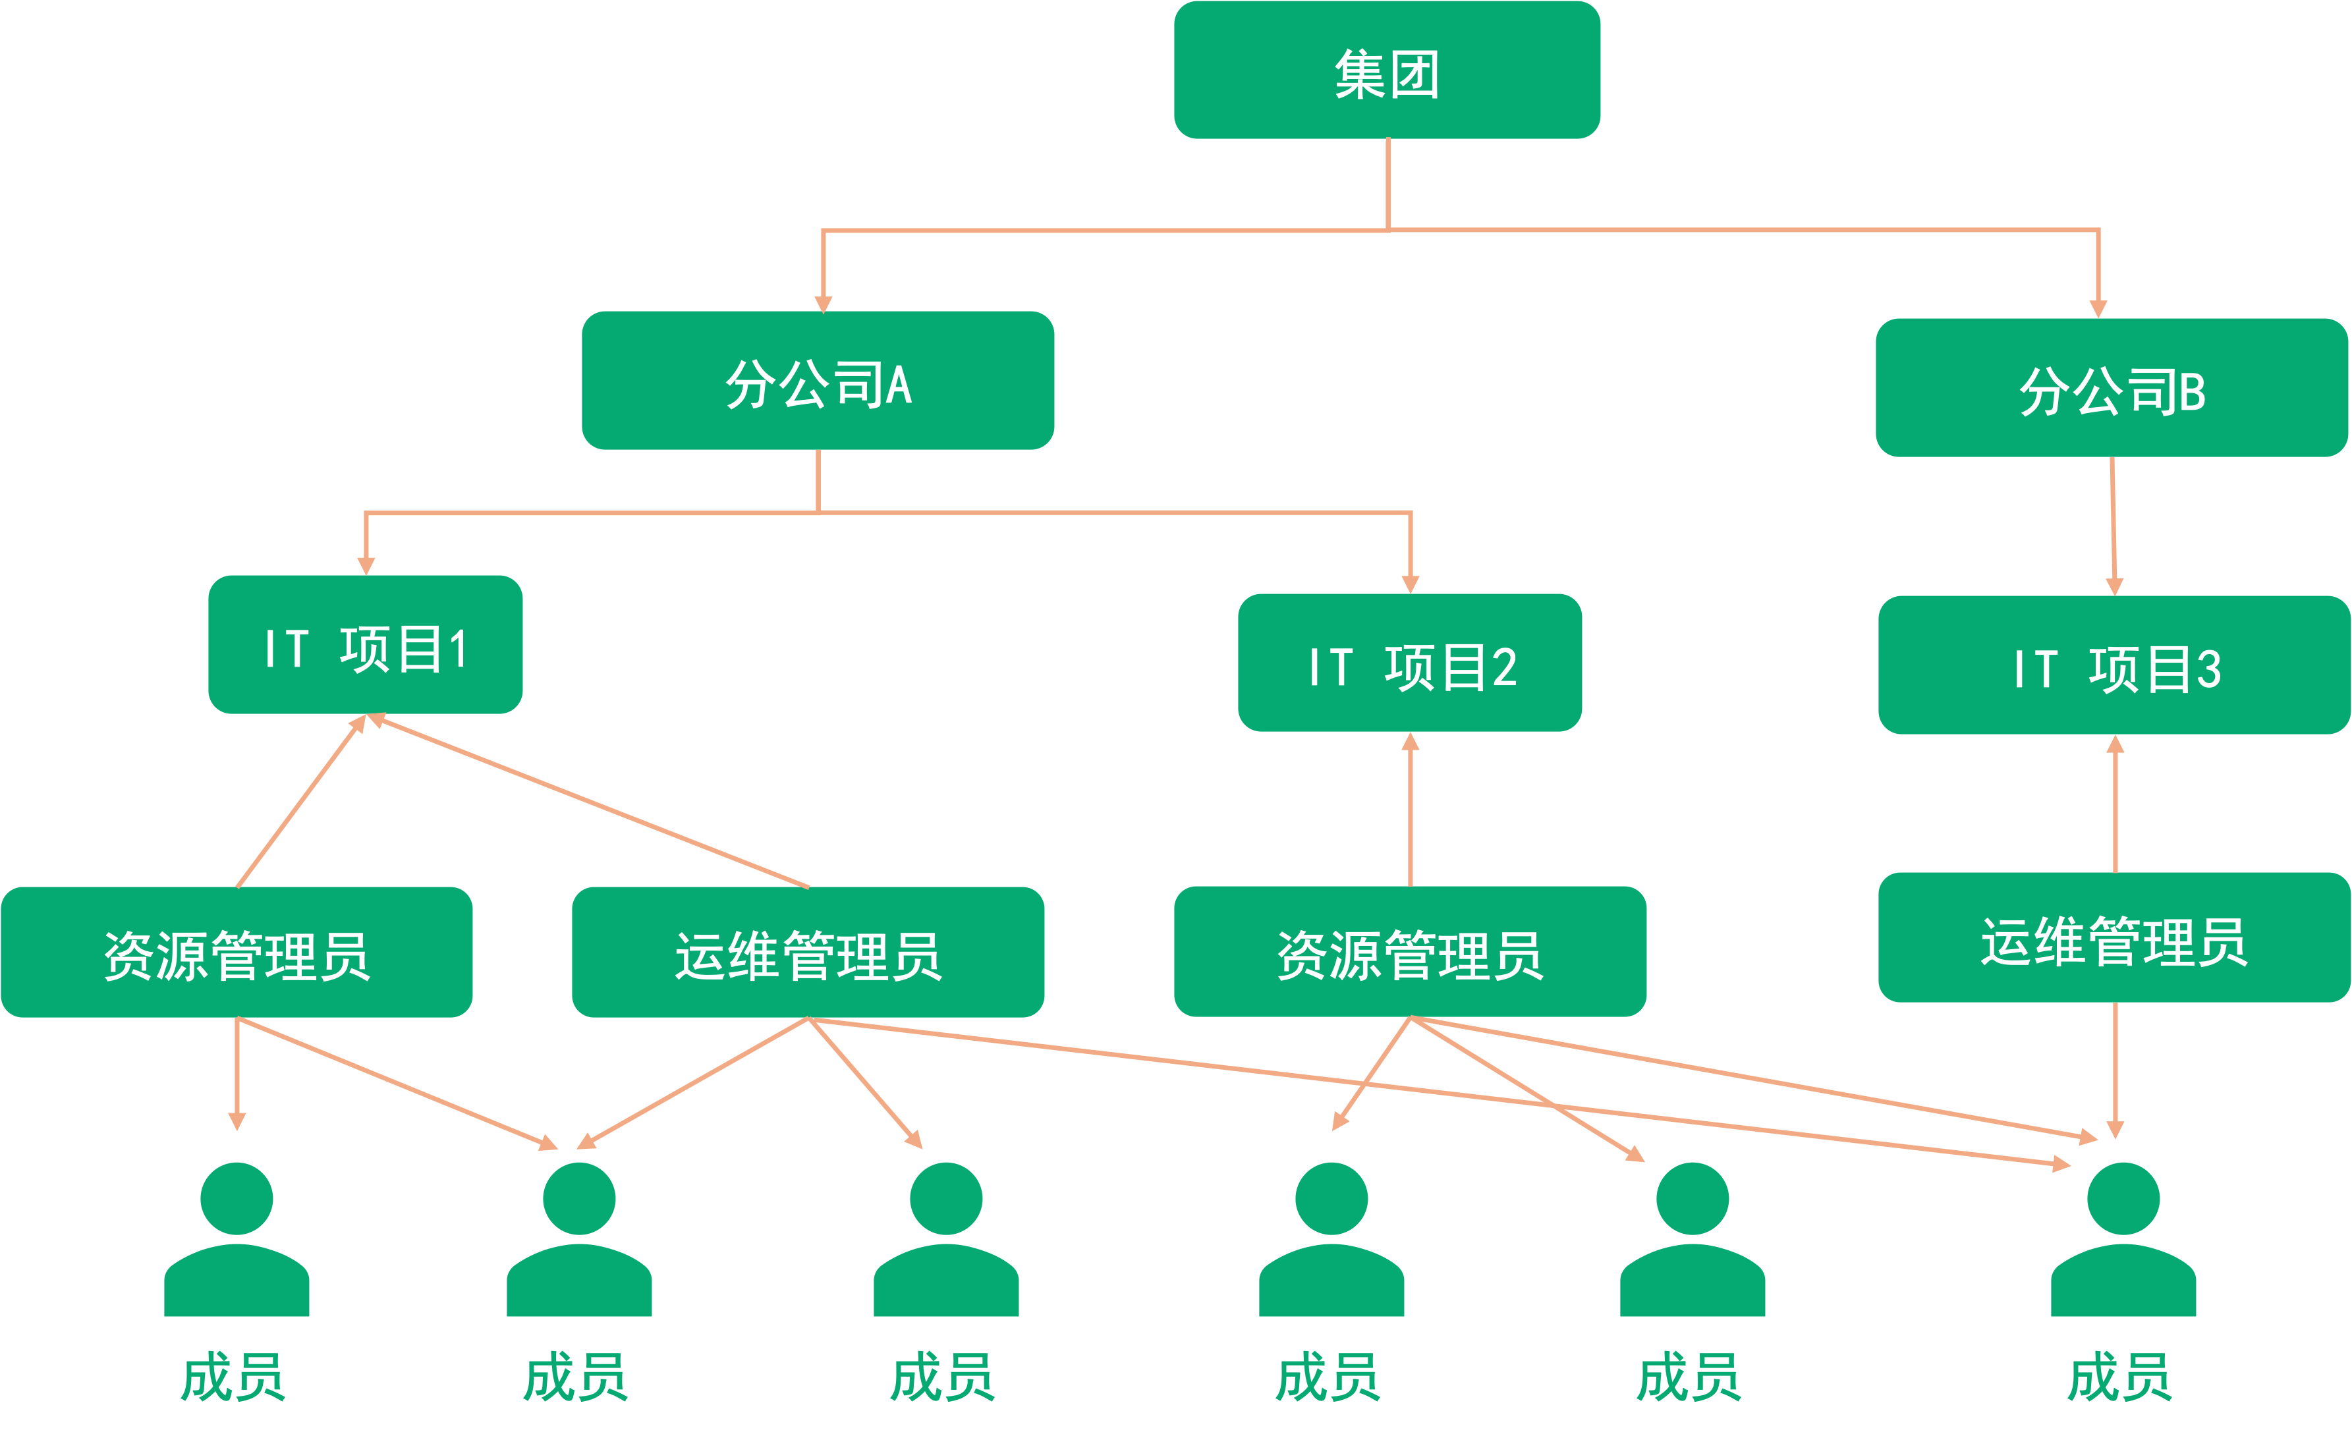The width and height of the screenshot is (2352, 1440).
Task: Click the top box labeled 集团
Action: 1386,70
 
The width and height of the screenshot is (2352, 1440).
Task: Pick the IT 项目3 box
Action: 2114,665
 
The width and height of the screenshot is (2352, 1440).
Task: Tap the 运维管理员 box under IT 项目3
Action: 2114,937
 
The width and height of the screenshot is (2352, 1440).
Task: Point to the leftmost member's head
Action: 237,1198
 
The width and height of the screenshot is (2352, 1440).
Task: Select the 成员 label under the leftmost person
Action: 233,1377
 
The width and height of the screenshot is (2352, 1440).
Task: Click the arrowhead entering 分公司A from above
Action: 823,304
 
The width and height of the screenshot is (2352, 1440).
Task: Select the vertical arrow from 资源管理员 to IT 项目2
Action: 1410,811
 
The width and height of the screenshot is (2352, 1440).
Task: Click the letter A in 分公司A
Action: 899,385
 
